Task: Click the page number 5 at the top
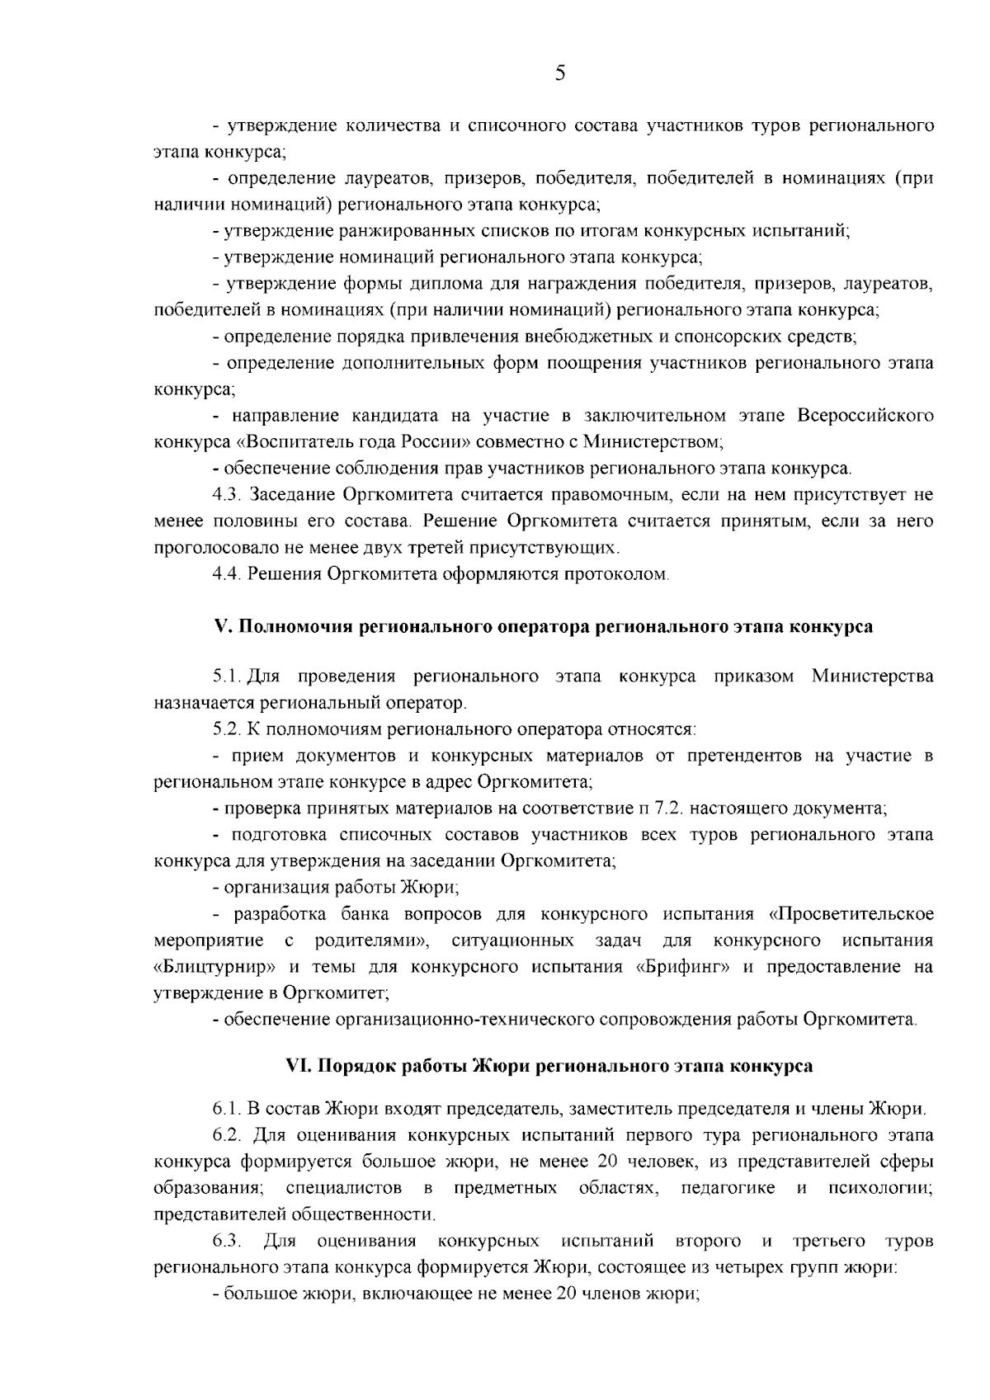coord(560,74)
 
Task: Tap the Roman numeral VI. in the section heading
coord(296,1065)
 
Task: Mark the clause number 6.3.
coord(226,1241)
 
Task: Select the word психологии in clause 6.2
coord(880,1188)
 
